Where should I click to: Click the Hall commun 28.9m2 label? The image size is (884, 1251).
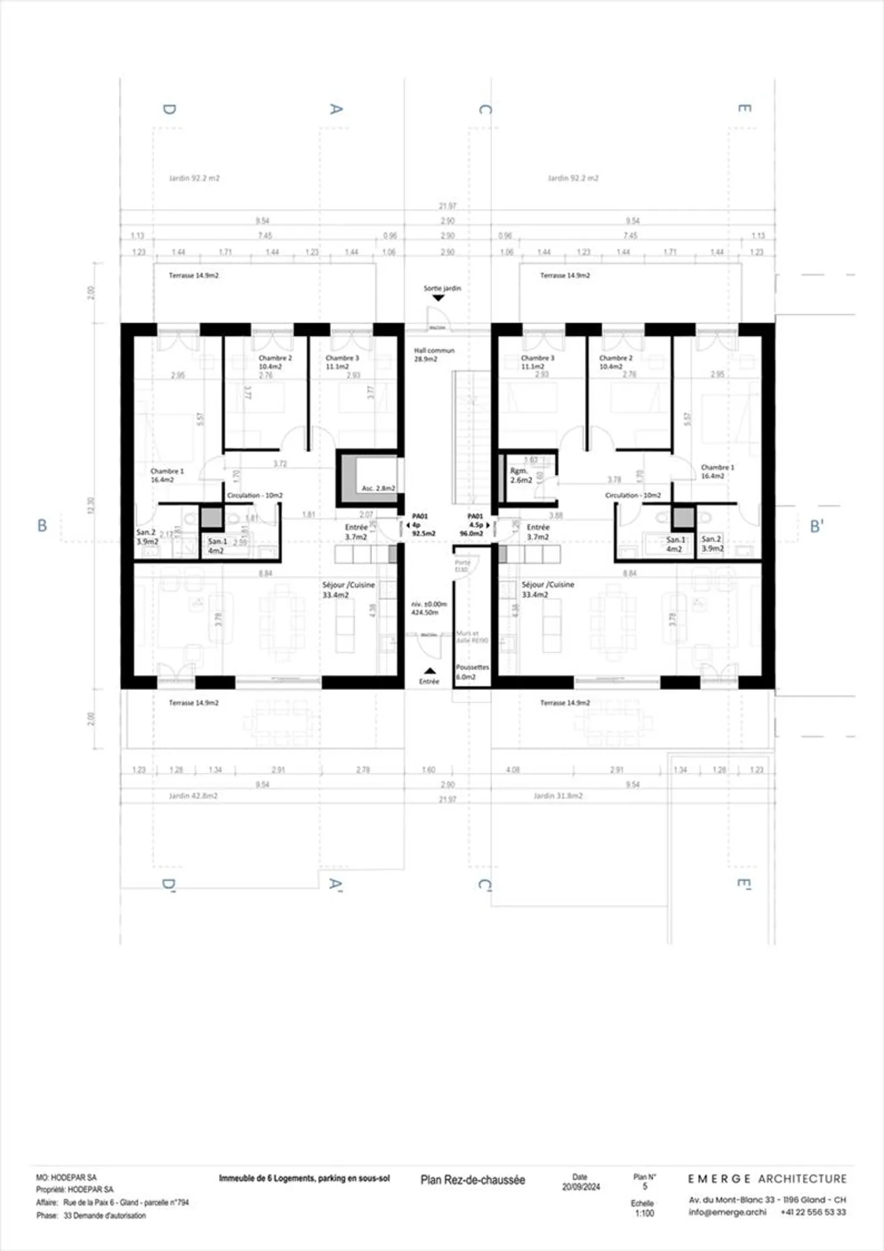click(x=434, y=354)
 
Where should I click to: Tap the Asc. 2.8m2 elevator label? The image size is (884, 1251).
click(x=378, y=488)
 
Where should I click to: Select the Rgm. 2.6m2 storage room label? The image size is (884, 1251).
click(x=521, y=476)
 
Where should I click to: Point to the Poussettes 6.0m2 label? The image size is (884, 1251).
click(x=472, y=672)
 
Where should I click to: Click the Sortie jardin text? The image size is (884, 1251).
click(x=442, y=288)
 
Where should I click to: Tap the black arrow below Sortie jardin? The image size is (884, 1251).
click(x=438, y=298)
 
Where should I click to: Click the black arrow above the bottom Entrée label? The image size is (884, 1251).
click(x=430, y=671)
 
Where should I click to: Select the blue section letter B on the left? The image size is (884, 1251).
click(x=42, y=525)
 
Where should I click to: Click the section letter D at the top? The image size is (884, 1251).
click(x=169, y=109)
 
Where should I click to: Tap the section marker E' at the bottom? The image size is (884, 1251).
click(x=744, y=885)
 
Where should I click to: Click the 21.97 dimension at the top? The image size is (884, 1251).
click(x=448, y=206)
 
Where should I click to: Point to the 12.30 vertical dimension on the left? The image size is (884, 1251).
click(x=91, y=505)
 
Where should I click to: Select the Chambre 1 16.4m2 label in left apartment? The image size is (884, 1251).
click(x=167, y=475)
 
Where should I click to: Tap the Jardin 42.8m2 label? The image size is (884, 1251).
click(x=193, y=796)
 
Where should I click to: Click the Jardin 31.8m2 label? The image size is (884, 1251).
click(x=557, y=796)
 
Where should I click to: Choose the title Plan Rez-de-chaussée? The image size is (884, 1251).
click(x=473, y=1180)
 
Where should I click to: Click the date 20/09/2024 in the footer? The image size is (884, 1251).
click(x=581, y=1187)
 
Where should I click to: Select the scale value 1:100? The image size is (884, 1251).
click(x=644, y=1213)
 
